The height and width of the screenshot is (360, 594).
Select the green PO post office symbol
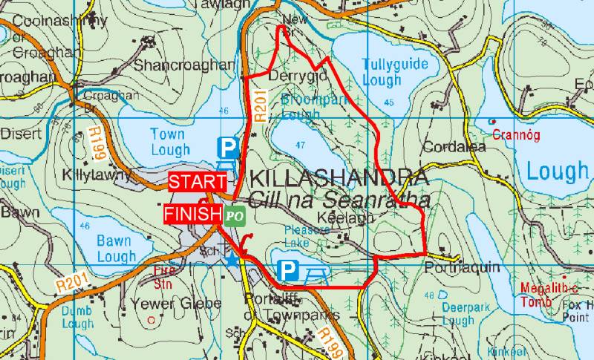(235, 215)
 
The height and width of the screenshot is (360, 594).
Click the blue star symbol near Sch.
(233, 259)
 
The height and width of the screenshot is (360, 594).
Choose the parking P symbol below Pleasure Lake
(287, 271)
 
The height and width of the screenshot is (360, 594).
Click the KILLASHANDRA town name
(339, 179)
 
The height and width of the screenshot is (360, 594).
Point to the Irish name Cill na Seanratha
(339, 200)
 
